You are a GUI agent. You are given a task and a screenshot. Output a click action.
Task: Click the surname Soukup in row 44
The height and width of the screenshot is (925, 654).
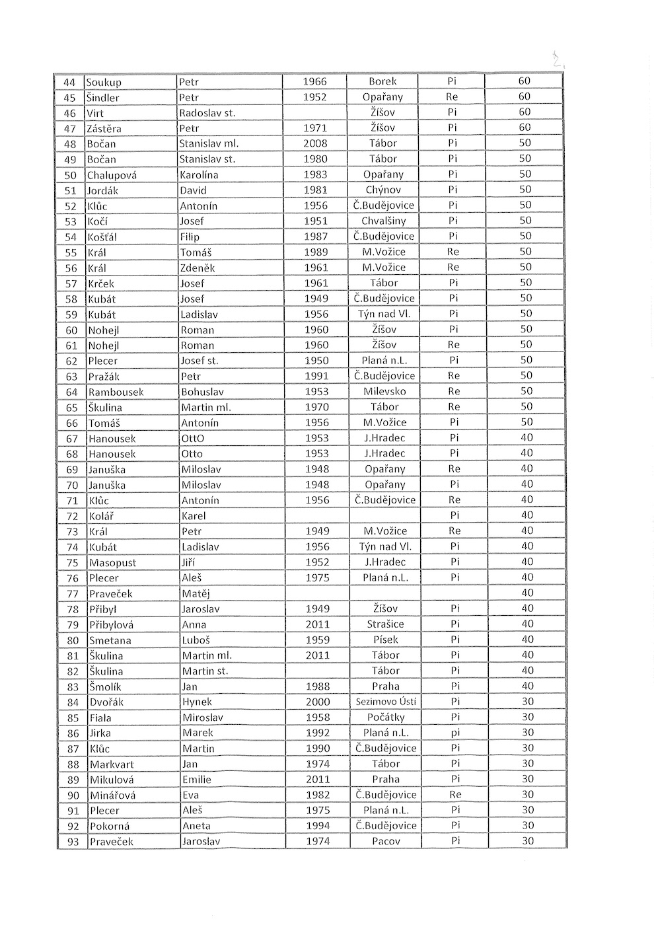pyautogui.click(x=104, y=83)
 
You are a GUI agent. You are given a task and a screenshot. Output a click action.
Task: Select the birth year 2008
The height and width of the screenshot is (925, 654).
pyautogui.click(x=315, y=143)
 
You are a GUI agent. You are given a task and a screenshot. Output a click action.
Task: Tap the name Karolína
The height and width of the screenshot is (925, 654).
pyautogui.click(x=199, y=175)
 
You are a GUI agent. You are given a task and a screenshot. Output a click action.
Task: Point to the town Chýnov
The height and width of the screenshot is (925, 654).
pyautogui.click(x=384, y=190)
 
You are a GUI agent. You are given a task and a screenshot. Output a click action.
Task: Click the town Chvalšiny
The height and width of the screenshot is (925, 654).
pyautogui.click(x=384, y=221)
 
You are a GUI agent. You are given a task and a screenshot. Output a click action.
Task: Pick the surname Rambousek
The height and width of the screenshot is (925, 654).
pyautogui.click(x=116, y=392)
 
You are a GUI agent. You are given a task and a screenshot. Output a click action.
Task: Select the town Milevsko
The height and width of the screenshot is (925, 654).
pyautogui.click(x=384, y=391)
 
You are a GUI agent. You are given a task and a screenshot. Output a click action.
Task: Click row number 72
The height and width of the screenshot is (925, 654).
pyautogui.click(x=73, y=516)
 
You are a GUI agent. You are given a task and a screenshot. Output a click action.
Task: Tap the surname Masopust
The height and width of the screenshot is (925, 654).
pyautogui.click(x=113, y=563)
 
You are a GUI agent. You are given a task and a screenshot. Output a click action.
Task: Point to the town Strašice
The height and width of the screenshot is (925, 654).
pyautogui.click(x=385, y=624)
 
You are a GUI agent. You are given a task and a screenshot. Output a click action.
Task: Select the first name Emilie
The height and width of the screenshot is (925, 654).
pyautogui.click(x=197, y=780)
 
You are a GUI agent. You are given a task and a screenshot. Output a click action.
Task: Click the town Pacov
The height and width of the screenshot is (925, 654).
pyautogui.click(x=386, y=842)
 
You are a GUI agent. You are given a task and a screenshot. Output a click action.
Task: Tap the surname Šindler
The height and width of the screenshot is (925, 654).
pyautogui.click(x=104, y=98)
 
